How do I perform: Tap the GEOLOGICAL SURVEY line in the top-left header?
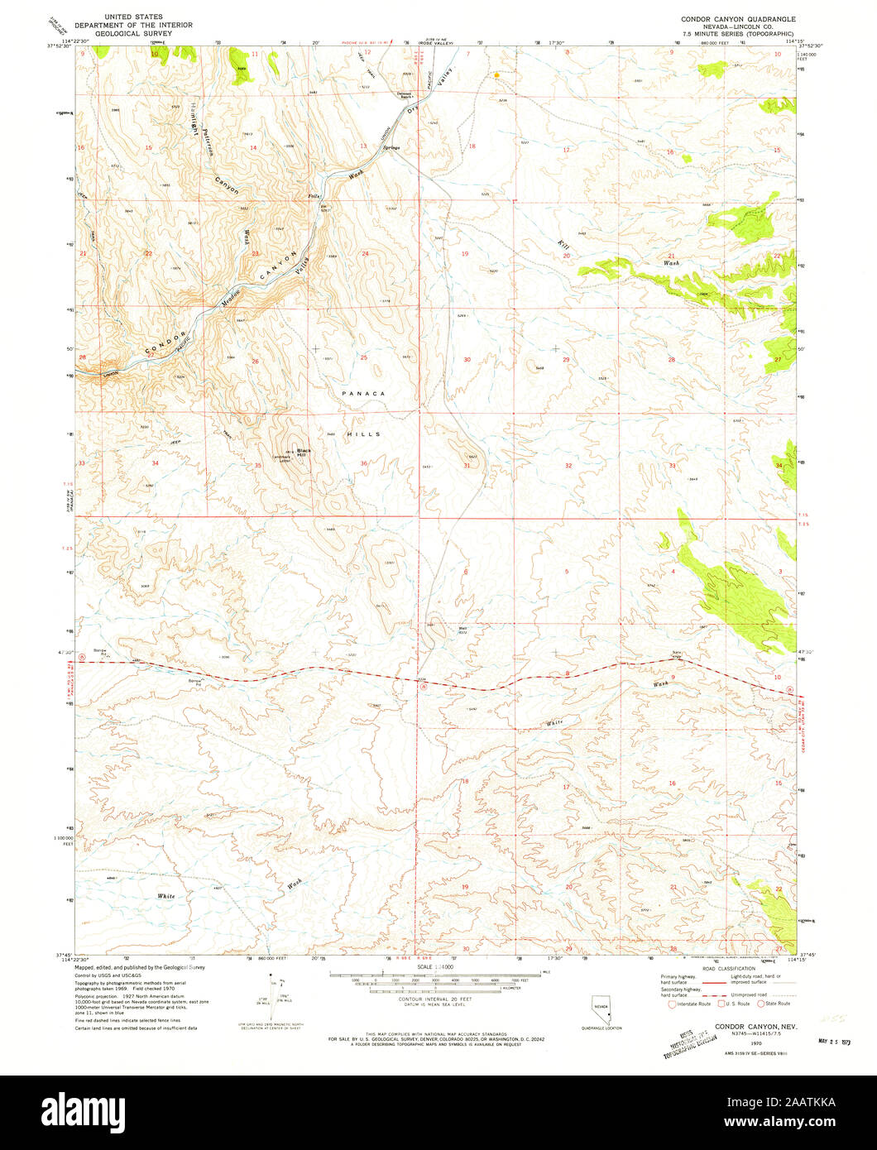[x=137, y=34]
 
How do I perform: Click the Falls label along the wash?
[x=314, y=196]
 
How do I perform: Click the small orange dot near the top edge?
[x=496, y=75]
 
